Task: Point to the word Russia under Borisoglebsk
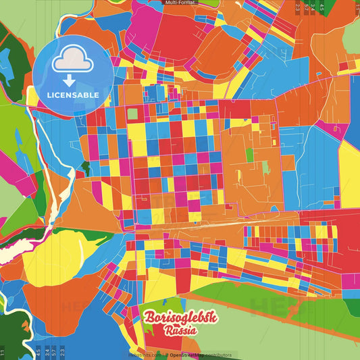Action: point(180,331)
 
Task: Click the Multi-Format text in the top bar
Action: point(180,3)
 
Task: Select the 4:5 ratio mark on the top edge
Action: point(322,7)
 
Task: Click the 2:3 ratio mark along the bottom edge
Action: point(62,352)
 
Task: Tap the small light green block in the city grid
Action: point(132,113)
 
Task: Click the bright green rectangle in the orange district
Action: point(249,155)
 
